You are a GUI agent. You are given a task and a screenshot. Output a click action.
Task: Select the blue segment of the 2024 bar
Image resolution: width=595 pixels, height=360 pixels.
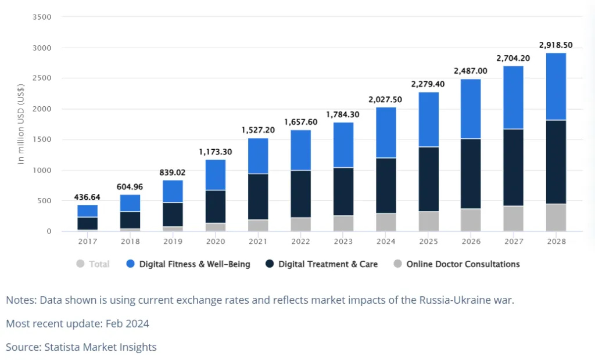coord(386,132)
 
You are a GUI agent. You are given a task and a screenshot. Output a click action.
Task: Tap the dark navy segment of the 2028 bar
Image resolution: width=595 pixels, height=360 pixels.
coord(556,162)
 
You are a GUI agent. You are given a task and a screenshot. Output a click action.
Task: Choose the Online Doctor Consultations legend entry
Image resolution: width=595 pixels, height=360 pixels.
coord(463,264)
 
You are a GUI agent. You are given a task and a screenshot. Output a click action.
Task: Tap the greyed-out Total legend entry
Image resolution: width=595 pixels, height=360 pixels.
coord(99,264)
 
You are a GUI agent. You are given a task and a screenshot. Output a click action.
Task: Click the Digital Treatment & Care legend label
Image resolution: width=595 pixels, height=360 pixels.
coord(328,264)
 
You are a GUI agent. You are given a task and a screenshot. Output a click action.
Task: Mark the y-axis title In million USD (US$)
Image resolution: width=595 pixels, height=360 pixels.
coord(21,124)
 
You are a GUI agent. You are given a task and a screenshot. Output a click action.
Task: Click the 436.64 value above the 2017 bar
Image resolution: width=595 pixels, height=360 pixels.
coord(87,197)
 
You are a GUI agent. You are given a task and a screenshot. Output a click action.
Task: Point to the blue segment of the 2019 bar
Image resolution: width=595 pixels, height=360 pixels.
coord(173,192)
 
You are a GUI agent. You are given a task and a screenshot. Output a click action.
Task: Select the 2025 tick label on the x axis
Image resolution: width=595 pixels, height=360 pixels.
coord(428,241)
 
